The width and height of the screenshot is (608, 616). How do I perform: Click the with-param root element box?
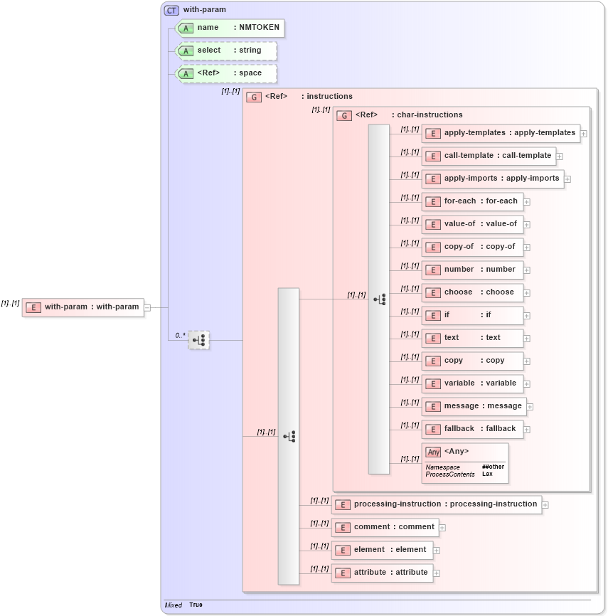(x=83, y=307)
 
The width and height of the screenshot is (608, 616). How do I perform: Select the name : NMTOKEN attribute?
(x=230, y=28)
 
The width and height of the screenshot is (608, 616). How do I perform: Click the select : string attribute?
(x=226, y=51)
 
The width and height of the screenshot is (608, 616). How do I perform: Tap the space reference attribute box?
(x=226, y=73)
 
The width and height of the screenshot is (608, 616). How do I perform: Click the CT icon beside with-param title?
(x=171, y=10)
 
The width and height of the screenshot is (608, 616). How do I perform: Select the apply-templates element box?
(x=501, y=133)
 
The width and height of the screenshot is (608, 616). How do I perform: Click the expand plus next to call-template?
(x=560, y=156)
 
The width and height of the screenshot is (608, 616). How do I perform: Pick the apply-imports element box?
(x=493, y=179)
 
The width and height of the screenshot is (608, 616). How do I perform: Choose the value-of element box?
(x=472, y=224)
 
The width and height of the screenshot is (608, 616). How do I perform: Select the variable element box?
(x=472, y=383)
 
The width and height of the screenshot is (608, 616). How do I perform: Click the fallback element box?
(x=472, y=429)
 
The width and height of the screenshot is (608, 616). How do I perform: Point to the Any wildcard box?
(x=465, y=463)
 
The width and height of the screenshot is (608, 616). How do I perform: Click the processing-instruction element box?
(x=437, y=504)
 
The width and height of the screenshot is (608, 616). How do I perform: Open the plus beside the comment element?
(x=442, y=528)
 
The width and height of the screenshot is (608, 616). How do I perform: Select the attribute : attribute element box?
(x=382, y=573)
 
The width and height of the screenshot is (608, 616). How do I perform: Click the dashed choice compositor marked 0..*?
(x=199, y=340)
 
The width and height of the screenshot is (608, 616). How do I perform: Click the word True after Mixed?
(x=196, y=605)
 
